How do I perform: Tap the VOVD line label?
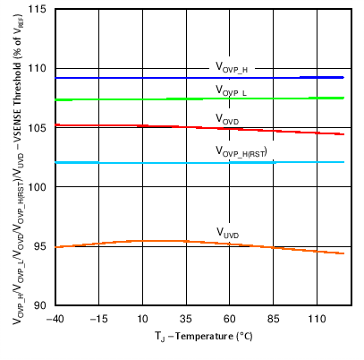[x=227, y=118]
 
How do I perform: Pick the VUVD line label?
[x=227, y=232]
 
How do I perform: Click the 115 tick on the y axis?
[x=41, y=10]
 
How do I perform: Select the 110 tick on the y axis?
[x=41, y=69]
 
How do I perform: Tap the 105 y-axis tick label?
[x=41, y=128]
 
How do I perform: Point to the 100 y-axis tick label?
[x=41, y=187]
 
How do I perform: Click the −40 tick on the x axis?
[x=54, y=319]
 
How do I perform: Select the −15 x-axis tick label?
[x=97, y=319]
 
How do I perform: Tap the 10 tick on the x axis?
[x=141, y=319]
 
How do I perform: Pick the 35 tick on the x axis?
[x=185, y=319]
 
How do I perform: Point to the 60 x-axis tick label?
[x=229, y=319]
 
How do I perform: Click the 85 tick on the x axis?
[x=273, y=319]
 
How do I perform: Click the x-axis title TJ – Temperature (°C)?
[x=199, y=338]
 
